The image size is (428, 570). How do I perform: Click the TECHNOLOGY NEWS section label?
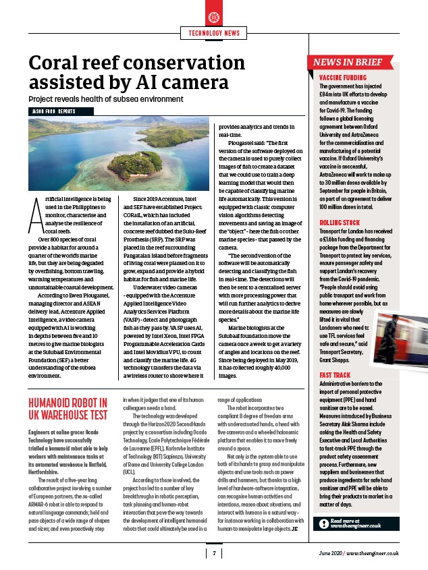coord(213,33)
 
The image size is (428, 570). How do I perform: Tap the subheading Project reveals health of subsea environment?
coord(106,99)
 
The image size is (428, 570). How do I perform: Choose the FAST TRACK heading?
coord(335,376)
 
